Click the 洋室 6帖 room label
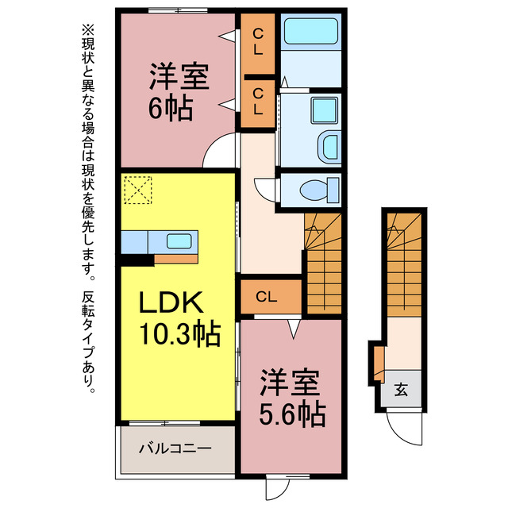click(x=179, y=92)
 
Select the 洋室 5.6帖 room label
click(x=292, y=398)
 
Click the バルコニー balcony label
click(x=175, y=448)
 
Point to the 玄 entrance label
click(x=401, y=390)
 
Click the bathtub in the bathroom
click(x=311, y=31)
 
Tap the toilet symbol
click(x=319, y=190)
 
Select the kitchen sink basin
click(x=179, y=241)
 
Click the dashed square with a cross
click(x=138, y=190)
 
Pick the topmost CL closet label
click(x=258, y=41)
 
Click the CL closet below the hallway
click(x=267, y=296)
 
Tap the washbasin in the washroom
click(x=329, y=148)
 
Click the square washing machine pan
click(x=325, y=110)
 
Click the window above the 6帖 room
click(x=178, y=10)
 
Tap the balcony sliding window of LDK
click(x=164, y=423)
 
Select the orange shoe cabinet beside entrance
click(x=379, y=364)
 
